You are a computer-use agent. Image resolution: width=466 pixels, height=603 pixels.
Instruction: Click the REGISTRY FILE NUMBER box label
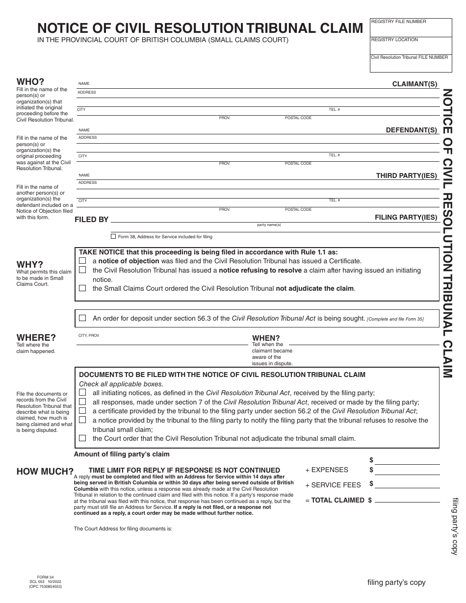tap(398, 22)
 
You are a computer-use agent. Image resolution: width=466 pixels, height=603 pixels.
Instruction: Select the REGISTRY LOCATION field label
tap(394, 39)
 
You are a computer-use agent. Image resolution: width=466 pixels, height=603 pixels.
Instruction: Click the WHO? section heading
tap(30, 81)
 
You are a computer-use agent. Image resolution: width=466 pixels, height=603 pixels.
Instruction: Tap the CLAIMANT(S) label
tap(414, 84)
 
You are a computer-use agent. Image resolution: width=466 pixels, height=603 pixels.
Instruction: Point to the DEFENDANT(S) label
tap(411, 130)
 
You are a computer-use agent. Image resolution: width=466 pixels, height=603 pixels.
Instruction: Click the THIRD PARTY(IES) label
tap(406, 176)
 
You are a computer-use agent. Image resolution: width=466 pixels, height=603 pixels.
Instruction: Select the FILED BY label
tap(91, 220)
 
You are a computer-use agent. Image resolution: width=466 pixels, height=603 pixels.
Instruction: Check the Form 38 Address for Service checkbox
tap(113, 236)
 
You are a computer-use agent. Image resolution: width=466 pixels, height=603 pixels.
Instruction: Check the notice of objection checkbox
tap(82, 261)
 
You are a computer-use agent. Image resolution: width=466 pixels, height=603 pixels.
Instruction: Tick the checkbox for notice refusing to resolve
tap(82, 270)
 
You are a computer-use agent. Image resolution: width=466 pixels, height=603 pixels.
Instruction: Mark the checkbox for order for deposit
tap(82, 318)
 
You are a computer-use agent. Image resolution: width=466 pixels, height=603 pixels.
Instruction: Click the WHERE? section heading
tap(36, 337)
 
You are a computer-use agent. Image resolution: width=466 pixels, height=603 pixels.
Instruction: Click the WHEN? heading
tap(266, 338)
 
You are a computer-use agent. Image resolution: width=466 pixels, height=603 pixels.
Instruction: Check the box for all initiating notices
tap(82, 393)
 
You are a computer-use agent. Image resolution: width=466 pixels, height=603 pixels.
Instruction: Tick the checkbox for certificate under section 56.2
tap(82, 411)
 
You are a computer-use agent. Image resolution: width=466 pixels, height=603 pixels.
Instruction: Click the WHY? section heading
tap(30, 264)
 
